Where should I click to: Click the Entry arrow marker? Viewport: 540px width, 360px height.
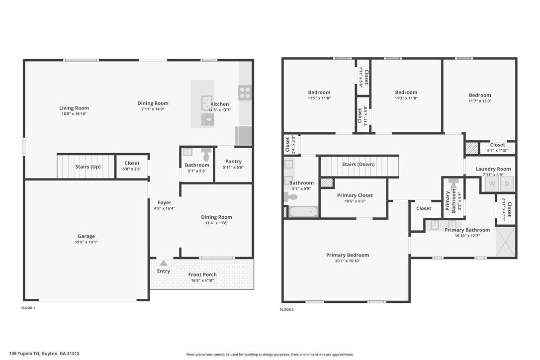coord(164,263)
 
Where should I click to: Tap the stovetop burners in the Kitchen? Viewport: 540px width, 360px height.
coord(245,92)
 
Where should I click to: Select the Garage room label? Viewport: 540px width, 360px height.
coord(86,236)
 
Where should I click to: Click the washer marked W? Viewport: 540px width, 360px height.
coord(492,184)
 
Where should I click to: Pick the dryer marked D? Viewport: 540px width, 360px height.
coord(507,184)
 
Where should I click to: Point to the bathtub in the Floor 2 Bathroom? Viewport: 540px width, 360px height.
coord(303,211)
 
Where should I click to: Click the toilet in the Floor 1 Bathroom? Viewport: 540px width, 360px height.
coord(206,155)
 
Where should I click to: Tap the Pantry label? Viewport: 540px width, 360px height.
coord(234,161)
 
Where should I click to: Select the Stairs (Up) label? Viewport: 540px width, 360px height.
coord(88,167)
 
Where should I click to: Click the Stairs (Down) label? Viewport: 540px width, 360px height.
coord(358,164)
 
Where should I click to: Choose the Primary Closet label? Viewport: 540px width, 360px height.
coord(355,195)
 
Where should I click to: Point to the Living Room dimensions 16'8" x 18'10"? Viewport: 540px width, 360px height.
coord(74,114)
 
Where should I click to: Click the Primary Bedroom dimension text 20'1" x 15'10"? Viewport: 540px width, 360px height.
coord(348,261)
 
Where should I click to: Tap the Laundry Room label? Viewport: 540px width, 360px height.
coord(493,169)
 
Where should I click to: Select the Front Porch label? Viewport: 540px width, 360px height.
coord(202,274)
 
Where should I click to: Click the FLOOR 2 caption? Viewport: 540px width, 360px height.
coord(287,309)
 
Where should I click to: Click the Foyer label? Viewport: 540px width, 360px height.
coord(164,202)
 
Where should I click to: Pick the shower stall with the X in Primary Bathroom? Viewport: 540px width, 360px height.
coord(506,242)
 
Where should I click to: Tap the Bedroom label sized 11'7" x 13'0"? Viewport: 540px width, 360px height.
coord(480,95)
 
